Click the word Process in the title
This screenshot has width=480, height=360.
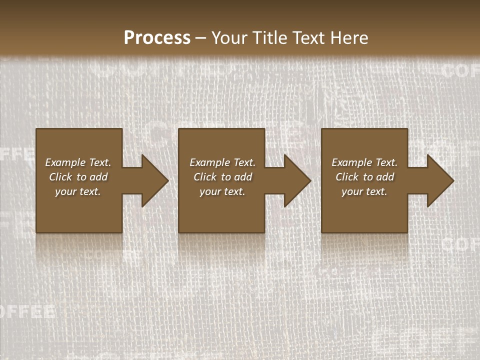157,38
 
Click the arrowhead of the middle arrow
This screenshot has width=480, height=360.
300,181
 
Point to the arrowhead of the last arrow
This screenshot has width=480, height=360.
442,181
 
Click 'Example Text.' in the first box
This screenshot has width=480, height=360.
78,162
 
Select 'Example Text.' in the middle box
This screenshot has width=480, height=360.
222,162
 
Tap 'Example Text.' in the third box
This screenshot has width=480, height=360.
364,162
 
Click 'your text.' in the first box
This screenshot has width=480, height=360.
78,191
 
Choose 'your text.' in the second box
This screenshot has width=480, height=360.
222,191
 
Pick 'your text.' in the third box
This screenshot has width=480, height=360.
364,191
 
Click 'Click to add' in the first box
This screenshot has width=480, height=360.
78,177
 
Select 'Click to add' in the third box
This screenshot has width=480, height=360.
364,177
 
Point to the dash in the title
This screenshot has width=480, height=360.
200,38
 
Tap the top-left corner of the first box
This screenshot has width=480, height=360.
37,130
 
